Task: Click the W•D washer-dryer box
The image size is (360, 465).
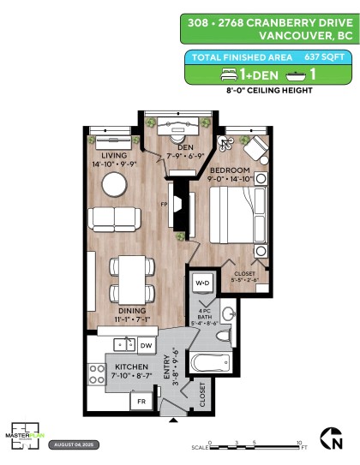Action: coord(203,283)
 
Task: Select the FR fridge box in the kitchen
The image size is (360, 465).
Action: coord(138,401)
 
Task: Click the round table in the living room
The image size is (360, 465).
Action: coord(114,184)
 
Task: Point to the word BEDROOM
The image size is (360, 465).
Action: coord(227,170)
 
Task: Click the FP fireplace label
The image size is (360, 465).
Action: coord(163,205)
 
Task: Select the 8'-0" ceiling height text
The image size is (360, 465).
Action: coord(267,90)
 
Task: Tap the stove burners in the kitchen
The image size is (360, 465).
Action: coord(94,375)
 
